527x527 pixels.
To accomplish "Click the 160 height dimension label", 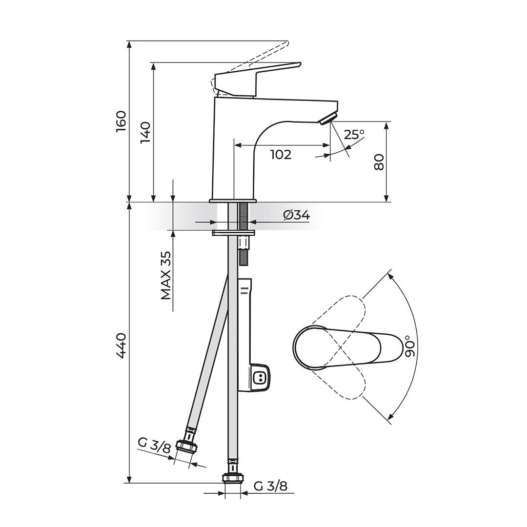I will pos(121,121).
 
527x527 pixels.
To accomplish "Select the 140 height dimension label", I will pos(145,132).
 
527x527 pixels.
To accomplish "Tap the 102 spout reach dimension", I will pos(281,155).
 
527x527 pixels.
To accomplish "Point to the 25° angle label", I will pos(354,134).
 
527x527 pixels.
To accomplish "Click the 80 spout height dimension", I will pos(379,162).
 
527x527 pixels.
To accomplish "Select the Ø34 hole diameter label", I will pos(296,215).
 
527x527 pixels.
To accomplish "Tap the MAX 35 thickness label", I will pos(166,275).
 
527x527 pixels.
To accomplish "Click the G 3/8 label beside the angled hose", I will pos(154,445).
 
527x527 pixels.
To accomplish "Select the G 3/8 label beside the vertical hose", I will pos(270,486).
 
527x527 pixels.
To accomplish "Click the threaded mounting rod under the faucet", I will pos(243,234).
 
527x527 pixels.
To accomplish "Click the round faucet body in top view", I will pos(311,347).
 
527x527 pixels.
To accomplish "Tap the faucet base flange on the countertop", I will pos(233,201).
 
